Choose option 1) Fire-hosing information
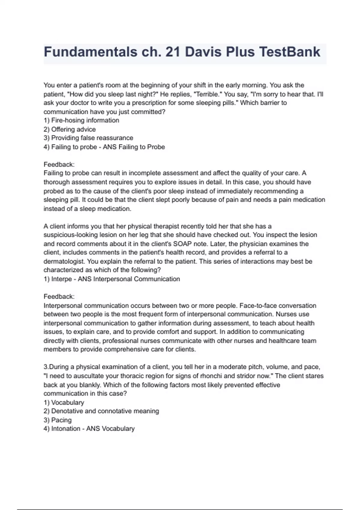[x=81, y=120]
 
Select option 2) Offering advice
[x=70, y=129]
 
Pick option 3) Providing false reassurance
[x=88, y=138]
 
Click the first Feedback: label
[x=59, y=164]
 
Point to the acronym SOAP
[x=182, y=244]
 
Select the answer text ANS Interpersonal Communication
[x=129, y=279]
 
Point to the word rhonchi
[x=211, y=376]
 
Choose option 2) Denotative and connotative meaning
[x=101, y=411]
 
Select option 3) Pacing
[x=58, y=420]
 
